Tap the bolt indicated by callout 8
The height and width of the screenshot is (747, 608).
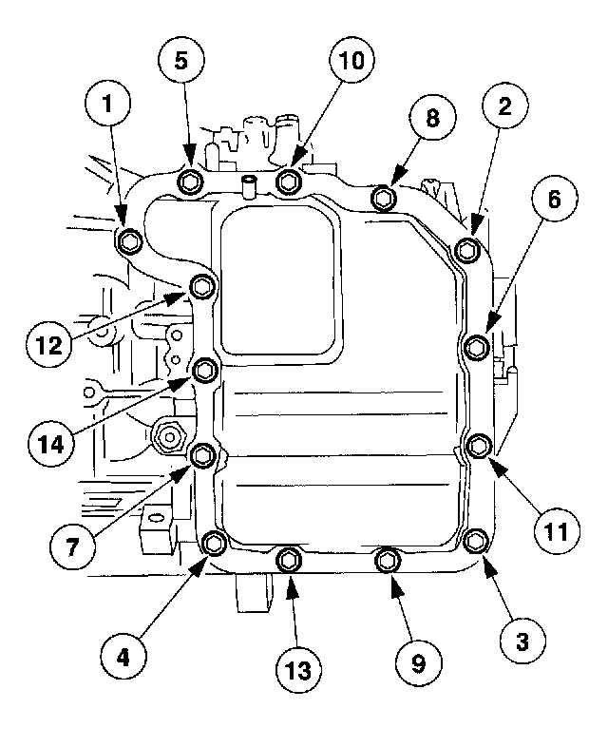[383, 198]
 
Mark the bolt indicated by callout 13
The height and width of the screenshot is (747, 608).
[290, 562]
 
